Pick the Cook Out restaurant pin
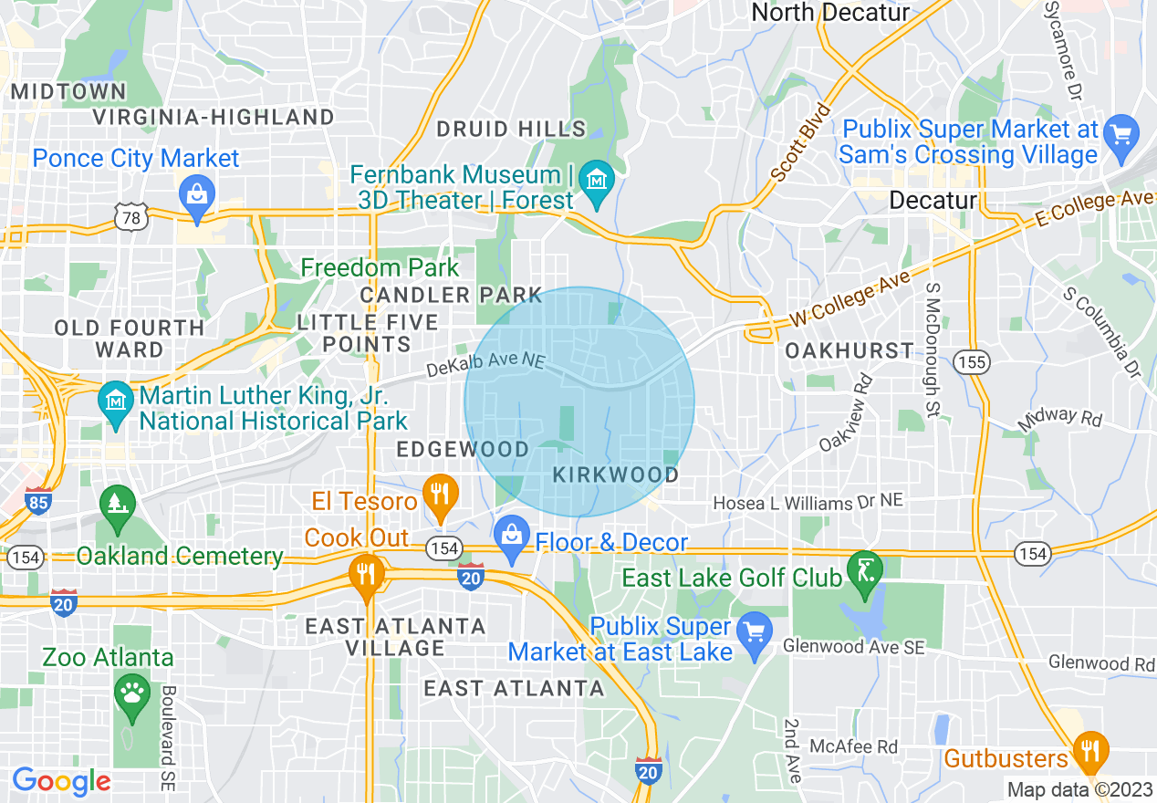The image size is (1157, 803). [367, 575]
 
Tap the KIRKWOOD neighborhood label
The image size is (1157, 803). [616, 475]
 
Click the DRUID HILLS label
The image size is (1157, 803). [511, 130]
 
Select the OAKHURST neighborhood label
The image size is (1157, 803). [849, 350]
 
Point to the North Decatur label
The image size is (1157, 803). [830, 13]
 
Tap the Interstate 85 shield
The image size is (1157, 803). [38, 502]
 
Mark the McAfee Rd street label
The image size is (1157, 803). [853, 746]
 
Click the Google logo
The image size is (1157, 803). [61, 781]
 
